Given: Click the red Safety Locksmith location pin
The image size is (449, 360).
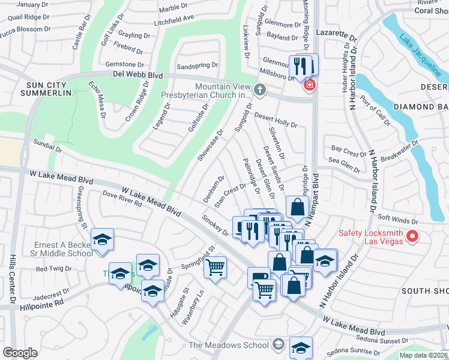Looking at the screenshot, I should tap(412, 237).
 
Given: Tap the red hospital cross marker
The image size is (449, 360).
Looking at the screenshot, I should tap(309, 86).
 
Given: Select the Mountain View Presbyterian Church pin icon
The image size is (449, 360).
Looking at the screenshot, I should tap(259, 90).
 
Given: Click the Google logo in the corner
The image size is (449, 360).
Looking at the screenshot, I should tap(20, 352).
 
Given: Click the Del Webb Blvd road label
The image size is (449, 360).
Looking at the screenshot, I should tap(137, 75).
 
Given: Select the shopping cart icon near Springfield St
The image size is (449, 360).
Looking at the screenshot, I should tap(215, 267).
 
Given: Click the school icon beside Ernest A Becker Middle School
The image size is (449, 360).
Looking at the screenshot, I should tap(102, 240).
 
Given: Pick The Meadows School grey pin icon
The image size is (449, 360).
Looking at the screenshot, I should tap(277, 344).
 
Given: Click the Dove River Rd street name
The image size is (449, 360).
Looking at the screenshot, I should tap(122, 199).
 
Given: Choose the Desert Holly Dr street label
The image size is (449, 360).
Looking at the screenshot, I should tap(276, 119).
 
